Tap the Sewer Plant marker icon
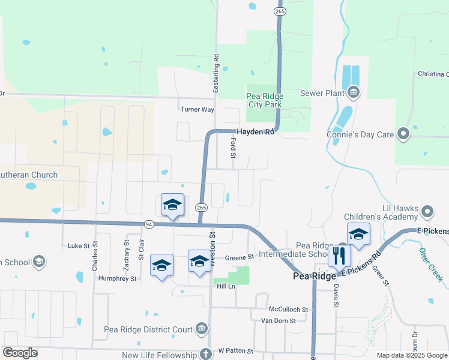point(353,92)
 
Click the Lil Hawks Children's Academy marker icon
point(427,211)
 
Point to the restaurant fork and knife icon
point(339,256)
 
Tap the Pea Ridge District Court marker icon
point(201,329)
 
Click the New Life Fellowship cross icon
point(206,354)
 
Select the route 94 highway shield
point(149,224)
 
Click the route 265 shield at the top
point(280,11)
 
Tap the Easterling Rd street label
point(217,73)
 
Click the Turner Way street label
point(197,109)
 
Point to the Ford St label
point(233,147)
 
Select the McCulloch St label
point(288,310)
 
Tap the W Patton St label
point(235,350)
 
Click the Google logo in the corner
point(20,353)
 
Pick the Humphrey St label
point(118,278)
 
